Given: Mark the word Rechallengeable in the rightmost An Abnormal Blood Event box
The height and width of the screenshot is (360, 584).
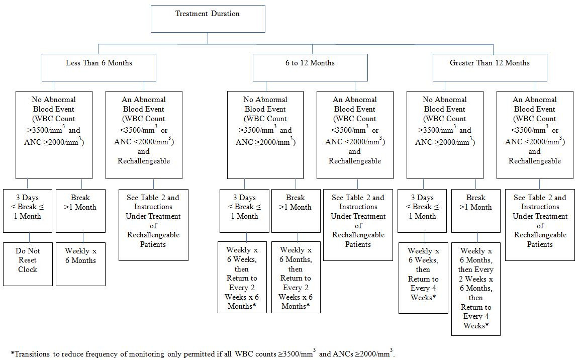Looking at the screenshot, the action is [x=534, y=161].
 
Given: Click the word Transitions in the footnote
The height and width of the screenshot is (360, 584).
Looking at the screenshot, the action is [x=31, y=354].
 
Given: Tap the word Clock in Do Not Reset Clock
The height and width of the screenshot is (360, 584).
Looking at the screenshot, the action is [x=28, y=269].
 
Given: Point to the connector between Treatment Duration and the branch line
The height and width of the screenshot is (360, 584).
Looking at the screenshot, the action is [x=208, y=38].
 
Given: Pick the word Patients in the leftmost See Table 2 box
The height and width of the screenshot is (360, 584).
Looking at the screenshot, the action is [x=153, y=244].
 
